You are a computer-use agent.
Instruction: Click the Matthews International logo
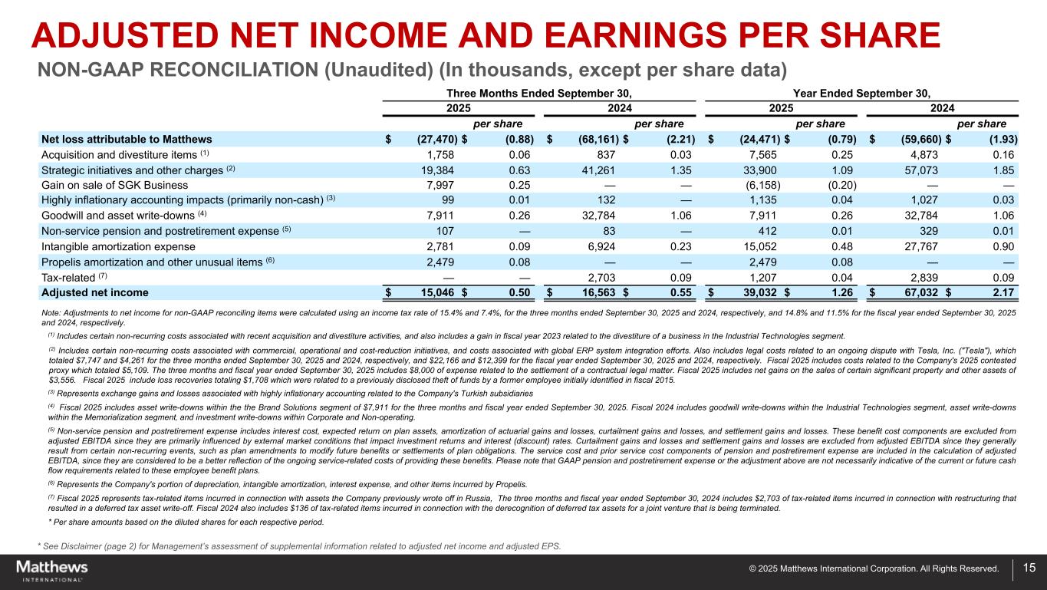click(52, 570)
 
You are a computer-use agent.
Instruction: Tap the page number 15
click(1029, 569)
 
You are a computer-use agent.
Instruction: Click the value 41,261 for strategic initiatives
click(598, 170)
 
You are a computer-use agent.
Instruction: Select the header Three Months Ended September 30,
click(545, 93)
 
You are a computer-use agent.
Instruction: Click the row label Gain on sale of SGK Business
click(114, 185)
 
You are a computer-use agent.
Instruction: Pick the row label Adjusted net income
click(94, 292)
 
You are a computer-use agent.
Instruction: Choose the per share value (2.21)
click(677, 139)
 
